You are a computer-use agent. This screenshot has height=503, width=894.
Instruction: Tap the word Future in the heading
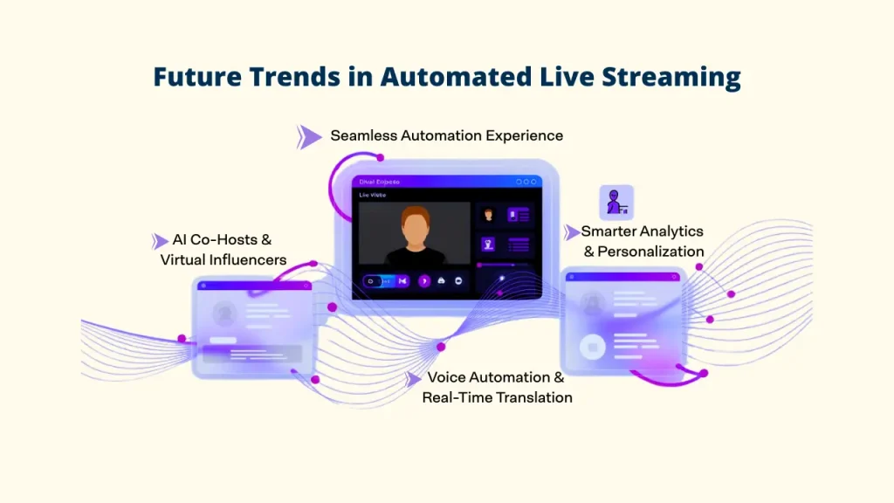click(191, 77)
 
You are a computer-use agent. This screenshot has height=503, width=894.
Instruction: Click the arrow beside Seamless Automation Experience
click(308, 136)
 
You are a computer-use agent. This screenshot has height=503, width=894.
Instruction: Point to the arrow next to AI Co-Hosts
click(160, 241)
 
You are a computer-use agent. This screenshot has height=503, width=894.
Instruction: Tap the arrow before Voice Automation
click(413, 378)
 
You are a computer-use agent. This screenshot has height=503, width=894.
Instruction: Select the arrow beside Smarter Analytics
click(572, 232)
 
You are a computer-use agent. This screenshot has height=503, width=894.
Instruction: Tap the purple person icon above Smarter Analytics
click(616, 202)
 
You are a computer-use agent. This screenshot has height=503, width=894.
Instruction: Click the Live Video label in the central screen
click(373, 195)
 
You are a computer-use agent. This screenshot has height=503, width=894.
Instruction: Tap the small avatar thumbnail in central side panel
click(489, 214)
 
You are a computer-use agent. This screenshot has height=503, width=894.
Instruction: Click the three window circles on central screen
click(526, 182)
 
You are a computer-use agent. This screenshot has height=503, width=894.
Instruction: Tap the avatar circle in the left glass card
click(223, 313)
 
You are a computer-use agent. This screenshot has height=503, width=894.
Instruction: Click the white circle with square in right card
click(593, 348)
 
